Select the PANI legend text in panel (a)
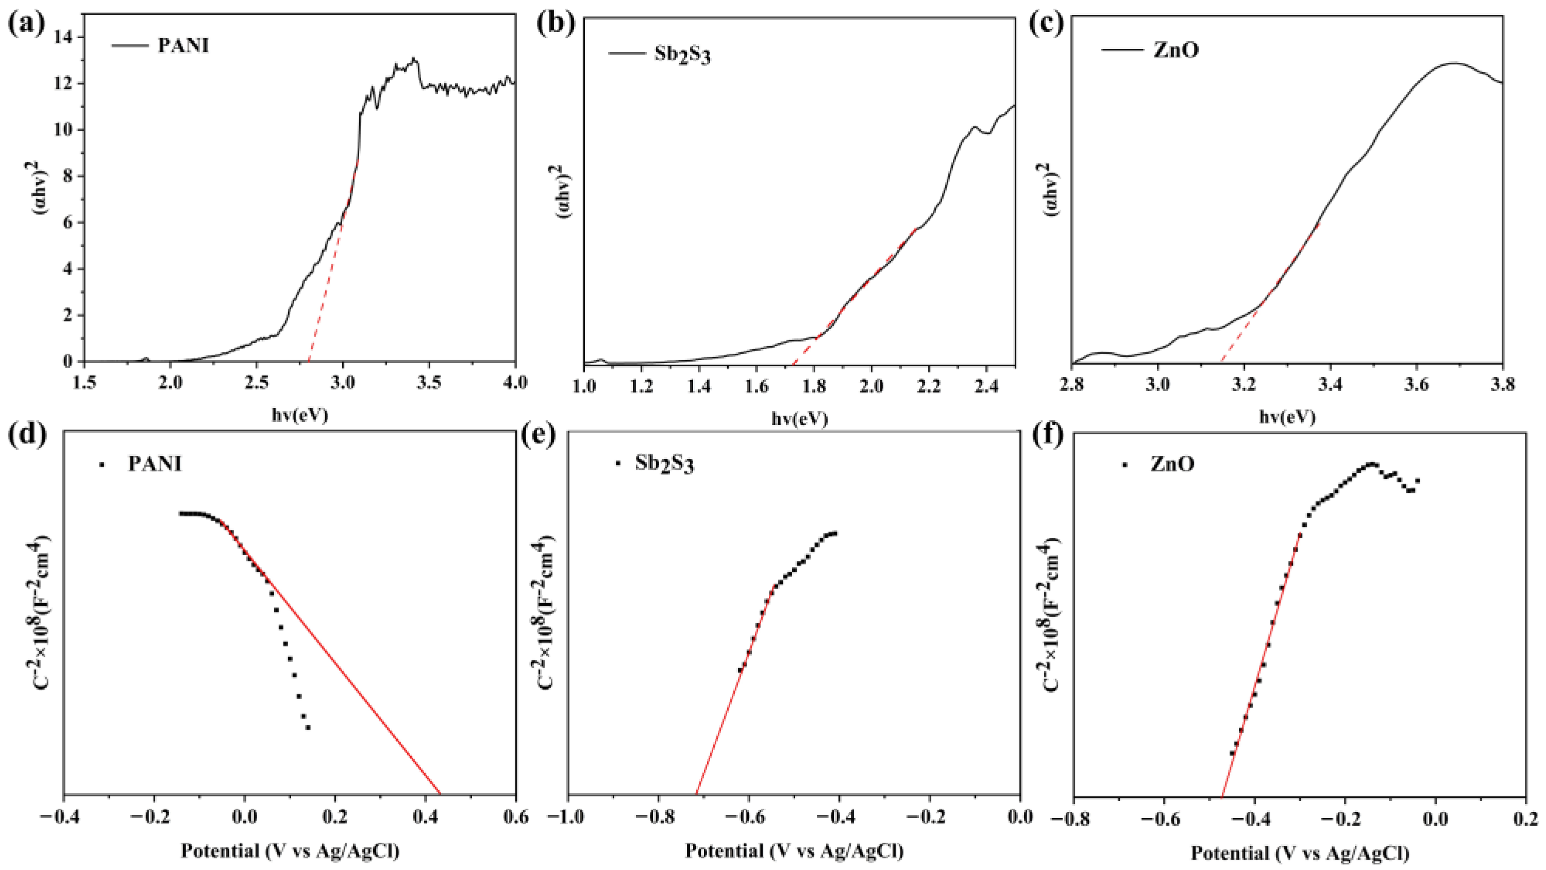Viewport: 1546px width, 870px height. (183, 46)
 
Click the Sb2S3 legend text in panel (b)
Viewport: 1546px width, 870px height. (682, 55)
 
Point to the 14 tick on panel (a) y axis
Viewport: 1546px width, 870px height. (62, 38)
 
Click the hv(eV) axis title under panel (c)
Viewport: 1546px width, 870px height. (1287, 417)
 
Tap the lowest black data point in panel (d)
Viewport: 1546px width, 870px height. (308, 727)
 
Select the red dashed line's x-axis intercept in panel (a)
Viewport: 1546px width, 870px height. (309, 361)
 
